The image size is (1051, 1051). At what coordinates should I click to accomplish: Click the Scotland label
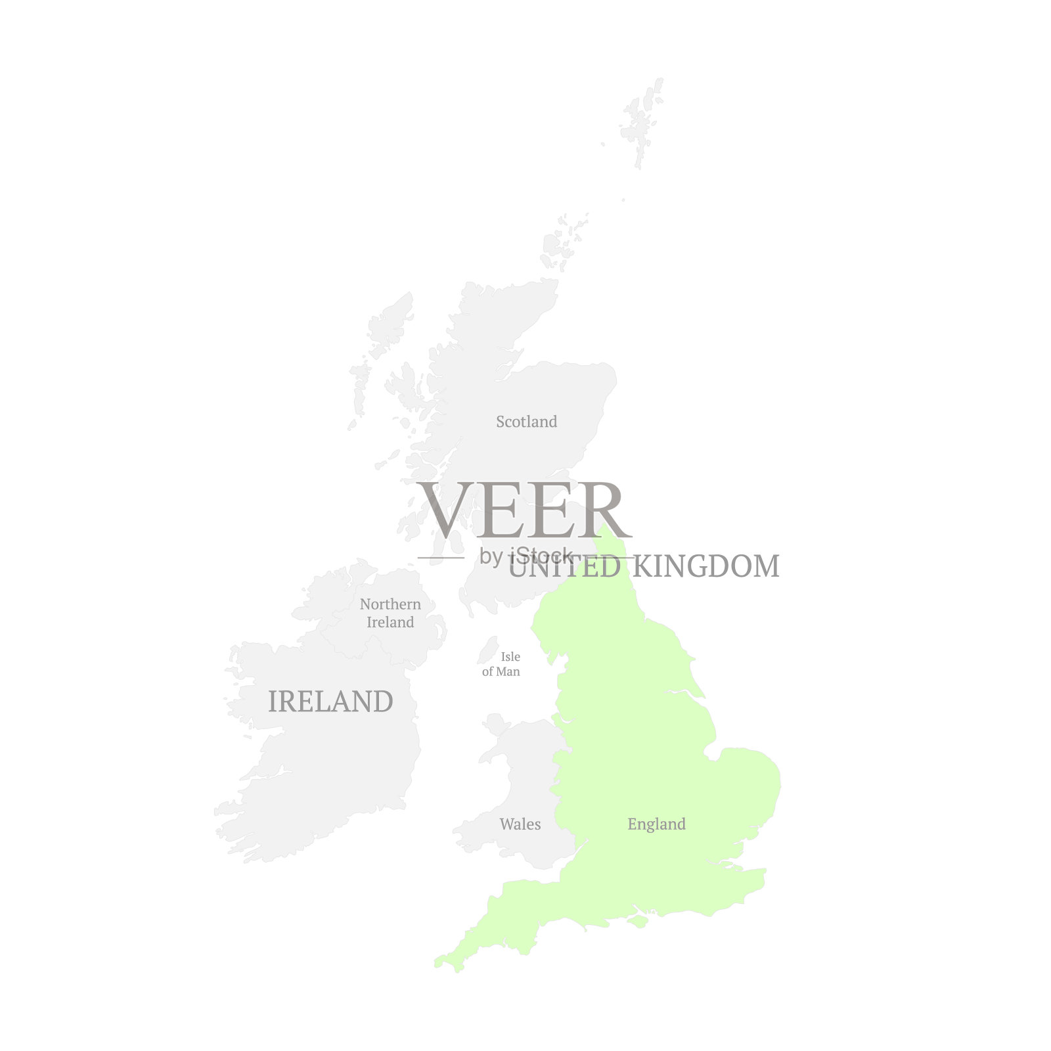click(x=526, y=422)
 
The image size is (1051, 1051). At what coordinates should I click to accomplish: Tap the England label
click(x=656, y=824)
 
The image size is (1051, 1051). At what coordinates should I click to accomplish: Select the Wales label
click(x=520, y=824)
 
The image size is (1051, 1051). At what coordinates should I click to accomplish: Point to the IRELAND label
click(x=330, y=702)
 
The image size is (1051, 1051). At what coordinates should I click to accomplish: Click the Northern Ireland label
click(x=390, y=613)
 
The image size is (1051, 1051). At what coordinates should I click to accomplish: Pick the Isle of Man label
click(x=502, y=664)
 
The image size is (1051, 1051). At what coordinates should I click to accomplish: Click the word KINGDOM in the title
click(x=706, y=567)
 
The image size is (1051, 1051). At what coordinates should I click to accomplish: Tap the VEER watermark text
click(x=524, y=510)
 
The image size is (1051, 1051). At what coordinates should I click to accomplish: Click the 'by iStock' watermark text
click(x=525, y=556)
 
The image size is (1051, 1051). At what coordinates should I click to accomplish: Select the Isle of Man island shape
click(x=487, y=650)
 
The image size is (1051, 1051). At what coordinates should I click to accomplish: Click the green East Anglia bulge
click(x=749, y=782)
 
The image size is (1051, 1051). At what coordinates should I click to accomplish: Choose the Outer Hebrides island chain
click(x=360, y=388)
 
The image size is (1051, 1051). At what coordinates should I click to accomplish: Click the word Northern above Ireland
click(x=390, y=604)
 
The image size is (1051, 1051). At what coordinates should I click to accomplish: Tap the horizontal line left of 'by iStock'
click(x=441, y=558)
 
